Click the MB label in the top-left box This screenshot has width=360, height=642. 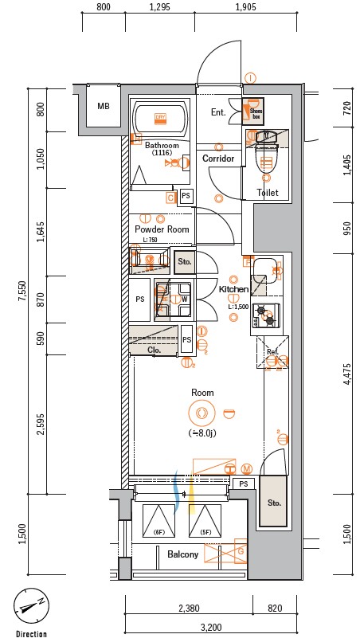104,107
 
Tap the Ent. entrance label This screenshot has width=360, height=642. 217,113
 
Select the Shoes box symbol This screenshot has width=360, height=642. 255,111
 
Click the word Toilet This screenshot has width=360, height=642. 267,193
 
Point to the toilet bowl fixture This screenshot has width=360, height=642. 266,159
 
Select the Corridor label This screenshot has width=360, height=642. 218,159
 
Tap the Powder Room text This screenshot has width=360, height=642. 162,229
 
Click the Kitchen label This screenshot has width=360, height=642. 234,289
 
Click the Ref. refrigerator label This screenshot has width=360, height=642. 272,351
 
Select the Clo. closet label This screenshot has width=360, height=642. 155,350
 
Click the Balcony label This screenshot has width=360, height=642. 182,554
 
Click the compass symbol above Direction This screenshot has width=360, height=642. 30,609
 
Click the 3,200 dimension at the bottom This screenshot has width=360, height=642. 212,628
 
